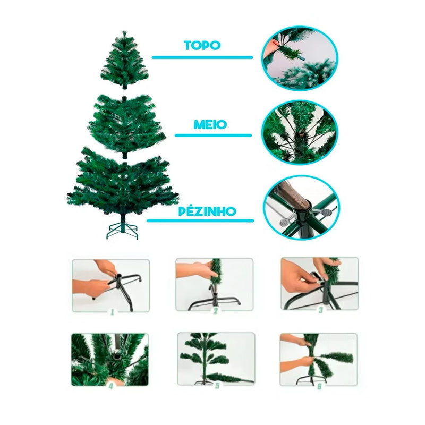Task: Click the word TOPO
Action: click(202, 45)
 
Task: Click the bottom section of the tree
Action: click(124, 183)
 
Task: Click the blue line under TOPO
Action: click(202, 57)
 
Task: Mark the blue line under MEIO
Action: click(214, 135)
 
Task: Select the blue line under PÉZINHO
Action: click(200, 220)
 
